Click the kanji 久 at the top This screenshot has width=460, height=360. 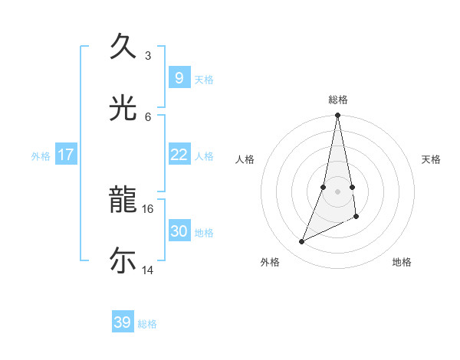tap(123, 47)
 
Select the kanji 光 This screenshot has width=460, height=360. tap(123, 109)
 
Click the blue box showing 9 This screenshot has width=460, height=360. tap(179, 77)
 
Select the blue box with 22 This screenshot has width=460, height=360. tap(179, 155)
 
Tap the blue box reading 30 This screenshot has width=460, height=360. tap(179, 231)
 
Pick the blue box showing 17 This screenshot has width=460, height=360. tap(66, 155)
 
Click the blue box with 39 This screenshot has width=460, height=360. tap(122, 322)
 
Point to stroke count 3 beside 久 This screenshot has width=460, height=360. tap(148, 55)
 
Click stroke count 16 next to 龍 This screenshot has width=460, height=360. tap(148, 208)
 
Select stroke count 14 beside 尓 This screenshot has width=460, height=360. tap(148, 270)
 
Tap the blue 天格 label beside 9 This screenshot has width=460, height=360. tap(204, 80)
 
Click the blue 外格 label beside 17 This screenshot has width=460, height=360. tap(41, 156)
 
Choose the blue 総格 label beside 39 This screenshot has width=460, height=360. tap(147, 324)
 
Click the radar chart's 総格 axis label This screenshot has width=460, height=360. tap(338, 100)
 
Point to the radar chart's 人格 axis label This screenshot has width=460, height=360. tap(245, 159)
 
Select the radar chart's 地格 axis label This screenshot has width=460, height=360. tap(402, 263)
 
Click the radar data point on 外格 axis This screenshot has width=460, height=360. tap(301, 242)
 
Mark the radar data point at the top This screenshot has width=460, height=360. tap(337, 116)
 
